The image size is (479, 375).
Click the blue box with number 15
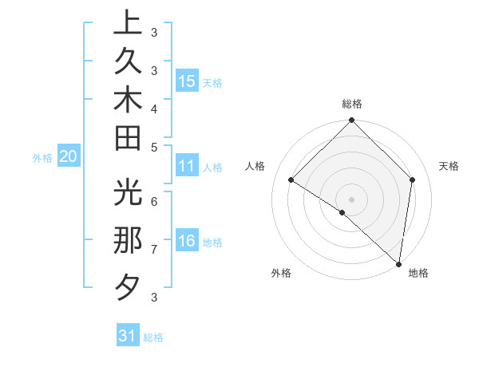click(187, 81)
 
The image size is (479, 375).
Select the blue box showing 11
click(187, 167)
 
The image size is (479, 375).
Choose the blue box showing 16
click(187, 242)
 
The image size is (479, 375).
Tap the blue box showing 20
click(68, 157)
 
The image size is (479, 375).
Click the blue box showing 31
click(128, 336)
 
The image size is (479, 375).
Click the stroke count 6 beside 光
click(153, 200)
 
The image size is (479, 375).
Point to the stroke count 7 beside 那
click(153, 250)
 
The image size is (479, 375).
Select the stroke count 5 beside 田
click(153, 147)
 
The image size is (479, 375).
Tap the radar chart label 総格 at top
click(351, 104)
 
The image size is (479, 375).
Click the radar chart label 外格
click(281, 274)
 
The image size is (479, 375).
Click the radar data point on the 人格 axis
click(291, 180)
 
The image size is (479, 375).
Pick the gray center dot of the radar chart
click(351, 199)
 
